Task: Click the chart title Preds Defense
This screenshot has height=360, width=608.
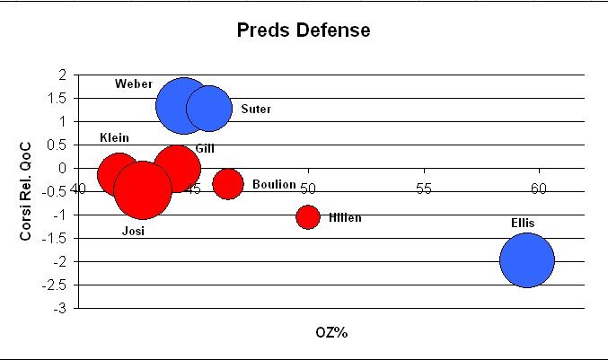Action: click(x=303, y=31)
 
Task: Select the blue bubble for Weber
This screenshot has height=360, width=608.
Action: click(x=183, y=105)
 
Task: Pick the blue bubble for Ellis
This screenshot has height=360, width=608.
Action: click(x=527, y=260)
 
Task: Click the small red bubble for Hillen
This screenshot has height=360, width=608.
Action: click(x=308, y=216)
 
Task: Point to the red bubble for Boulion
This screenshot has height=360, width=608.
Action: click(x=228, y=184)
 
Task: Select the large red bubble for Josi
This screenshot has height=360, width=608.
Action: click(x=143, y=189)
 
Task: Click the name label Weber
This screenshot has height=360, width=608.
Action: click(x=133, y=84)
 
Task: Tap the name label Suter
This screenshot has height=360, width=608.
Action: click(x=256, y=110)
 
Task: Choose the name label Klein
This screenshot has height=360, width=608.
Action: click(x=114, y=138)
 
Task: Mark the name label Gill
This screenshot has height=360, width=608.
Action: click(x=205, y=148)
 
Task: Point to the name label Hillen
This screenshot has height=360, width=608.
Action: click(x=345, y=217)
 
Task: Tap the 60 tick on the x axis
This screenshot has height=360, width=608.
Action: click(x=538, y=188)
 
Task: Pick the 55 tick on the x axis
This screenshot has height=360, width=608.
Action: click(x=423, y=188)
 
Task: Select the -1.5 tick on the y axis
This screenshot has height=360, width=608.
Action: click(x=57, y=238)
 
